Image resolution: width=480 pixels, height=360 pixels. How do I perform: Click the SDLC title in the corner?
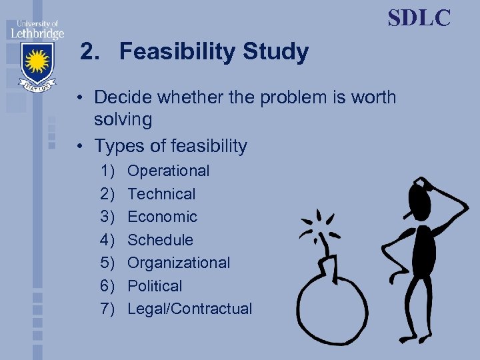[419, 17]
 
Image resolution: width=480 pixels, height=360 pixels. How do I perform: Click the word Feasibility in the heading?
[177, 52]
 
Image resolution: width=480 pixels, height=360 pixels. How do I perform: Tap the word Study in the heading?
[275, 52]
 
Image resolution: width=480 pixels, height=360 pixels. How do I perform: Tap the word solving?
[123, 120]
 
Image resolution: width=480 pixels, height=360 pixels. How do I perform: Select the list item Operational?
[168, 171]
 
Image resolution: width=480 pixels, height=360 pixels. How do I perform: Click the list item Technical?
[161, 194]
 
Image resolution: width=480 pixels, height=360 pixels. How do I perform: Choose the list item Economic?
[162, 217]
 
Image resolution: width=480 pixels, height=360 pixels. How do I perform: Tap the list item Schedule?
[160, 240]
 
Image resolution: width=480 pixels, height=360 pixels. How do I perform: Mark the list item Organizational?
[179, 263]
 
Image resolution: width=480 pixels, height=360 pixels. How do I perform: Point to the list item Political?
[155, 286]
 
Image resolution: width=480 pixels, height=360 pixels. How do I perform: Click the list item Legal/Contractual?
[189, 309]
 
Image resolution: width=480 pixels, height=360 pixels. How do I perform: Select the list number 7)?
[108, 309]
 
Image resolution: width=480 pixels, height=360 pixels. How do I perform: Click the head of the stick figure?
[420, 196]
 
